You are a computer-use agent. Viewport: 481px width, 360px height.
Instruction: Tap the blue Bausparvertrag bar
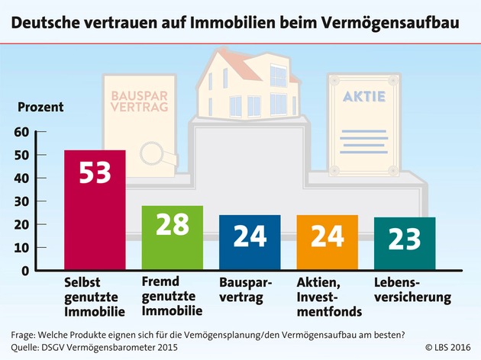coord(250,243)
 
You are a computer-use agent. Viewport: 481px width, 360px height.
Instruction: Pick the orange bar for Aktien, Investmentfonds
coord(328,243)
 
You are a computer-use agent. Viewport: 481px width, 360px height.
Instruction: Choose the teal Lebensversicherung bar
coord(405,244)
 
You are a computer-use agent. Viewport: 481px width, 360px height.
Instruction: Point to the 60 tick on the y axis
coord(21,132)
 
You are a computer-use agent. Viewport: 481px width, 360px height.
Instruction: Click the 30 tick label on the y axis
coord(21,201)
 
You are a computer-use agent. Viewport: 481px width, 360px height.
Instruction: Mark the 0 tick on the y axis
coord(24,271)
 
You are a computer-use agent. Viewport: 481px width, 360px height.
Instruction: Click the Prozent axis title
coord(40,107)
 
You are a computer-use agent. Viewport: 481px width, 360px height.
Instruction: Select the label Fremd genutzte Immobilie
coord(172,295)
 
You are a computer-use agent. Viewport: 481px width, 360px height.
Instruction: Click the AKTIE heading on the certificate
coord(364,97)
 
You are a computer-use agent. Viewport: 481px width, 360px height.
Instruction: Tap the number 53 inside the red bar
coord(95,173)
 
